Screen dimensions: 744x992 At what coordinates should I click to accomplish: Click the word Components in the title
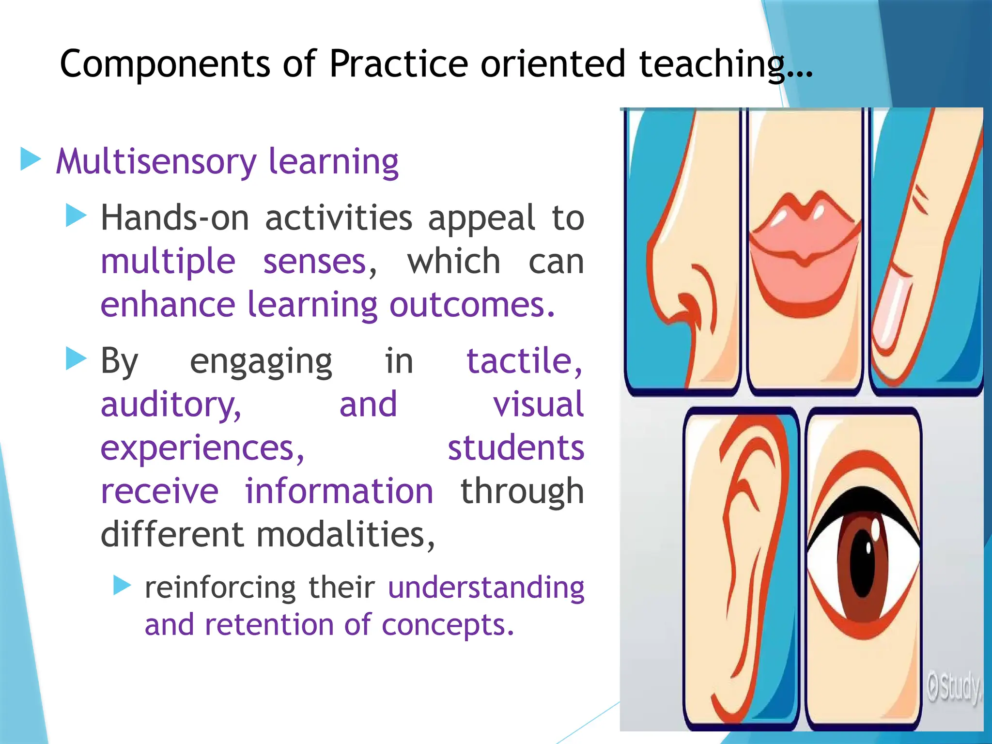[165, 64]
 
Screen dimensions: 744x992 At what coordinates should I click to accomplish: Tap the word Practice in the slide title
[398, 64]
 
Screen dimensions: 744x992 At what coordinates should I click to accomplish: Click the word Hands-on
[175, 218]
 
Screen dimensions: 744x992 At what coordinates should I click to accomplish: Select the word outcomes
[472, 305]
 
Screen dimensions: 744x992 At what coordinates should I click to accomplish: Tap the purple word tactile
[520, 361]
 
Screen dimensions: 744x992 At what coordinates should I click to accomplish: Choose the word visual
[538, 405]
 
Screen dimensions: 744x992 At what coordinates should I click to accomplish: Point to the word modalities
[345, 535]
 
